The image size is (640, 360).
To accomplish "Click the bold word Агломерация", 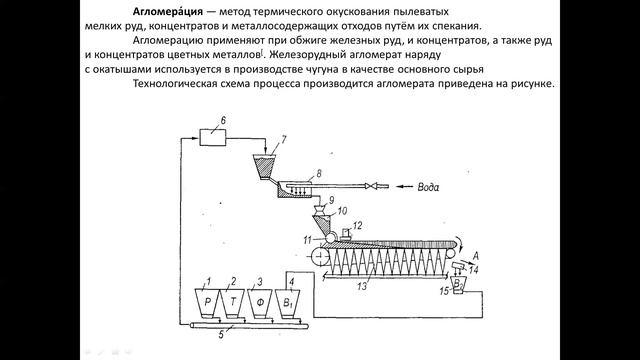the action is (x=168, y=11).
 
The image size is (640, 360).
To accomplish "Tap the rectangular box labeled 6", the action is (x=212, y=137).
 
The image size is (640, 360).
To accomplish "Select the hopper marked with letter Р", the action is (x=207, y=303).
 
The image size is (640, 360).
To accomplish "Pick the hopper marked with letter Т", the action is (x=233, y=303).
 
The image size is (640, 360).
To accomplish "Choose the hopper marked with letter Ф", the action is (x=260, y=303).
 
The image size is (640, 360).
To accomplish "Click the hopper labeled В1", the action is (x=288, y=303).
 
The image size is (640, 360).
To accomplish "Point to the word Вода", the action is (x=428, y=187).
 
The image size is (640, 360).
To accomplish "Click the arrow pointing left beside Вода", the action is (x=405, y=187).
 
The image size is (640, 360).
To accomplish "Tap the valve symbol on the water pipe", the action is (x=372, y=187).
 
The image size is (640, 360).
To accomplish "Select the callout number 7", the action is (x=283, y=140).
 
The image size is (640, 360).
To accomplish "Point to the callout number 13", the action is (x=362, y=286).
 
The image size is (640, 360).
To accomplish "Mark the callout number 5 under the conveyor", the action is (x=221, y=335).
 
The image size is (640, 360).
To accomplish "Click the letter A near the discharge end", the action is (x=475, y=256).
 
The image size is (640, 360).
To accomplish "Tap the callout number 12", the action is (x=358, y=226).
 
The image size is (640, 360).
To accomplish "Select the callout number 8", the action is (x=319, y=173).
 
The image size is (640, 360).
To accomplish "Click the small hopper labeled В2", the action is (x=458, y=283).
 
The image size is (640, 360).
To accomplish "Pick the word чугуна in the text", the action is (x=322, y=69).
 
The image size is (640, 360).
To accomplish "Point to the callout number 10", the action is (x=342, y=211).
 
